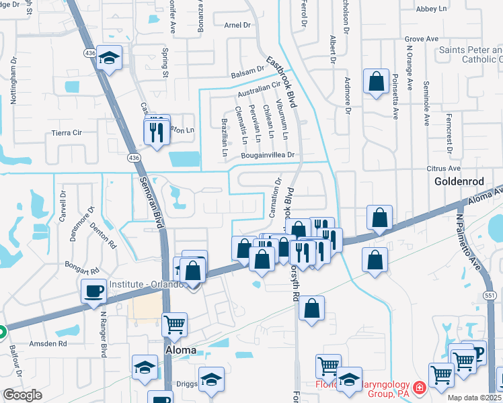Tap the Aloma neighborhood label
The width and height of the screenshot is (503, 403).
click(181, 350)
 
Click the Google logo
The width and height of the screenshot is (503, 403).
click(22, 395)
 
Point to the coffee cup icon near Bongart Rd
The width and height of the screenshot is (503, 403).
click(93, 291)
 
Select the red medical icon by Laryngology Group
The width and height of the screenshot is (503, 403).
click(419, 387)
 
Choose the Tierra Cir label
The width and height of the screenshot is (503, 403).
click(66, 133)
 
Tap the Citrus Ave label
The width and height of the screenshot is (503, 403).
click(443, 168)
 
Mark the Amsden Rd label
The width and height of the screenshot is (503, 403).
click(53, 343)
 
